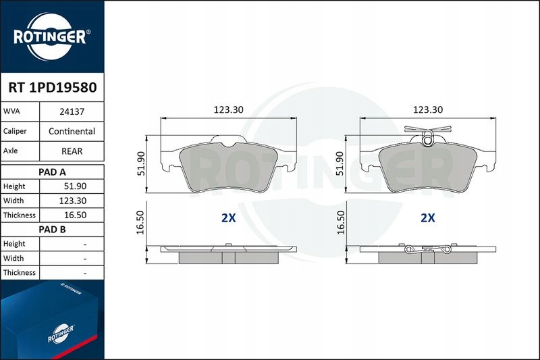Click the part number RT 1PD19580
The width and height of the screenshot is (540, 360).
tap(52, 88)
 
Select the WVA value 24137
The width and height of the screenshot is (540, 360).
tap(72, 111)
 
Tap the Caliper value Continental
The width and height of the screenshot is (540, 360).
tap(72, 131)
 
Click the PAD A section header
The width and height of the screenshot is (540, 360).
tap(52, 172)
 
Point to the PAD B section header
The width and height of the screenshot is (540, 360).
tap(52, 229)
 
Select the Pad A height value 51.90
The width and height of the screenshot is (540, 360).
tap(72, 186)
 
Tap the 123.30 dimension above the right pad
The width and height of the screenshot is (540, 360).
tap(427, 109)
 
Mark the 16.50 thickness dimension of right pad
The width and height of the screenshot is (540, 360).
tap(341, 222)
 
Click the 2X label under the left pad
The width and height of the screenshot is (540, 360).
tap(227, 218)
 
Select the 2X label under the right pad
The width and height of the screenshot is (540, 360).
tap(427, 218)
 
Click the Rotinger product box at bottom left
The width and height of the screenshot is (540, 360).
tap(51, 317)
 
